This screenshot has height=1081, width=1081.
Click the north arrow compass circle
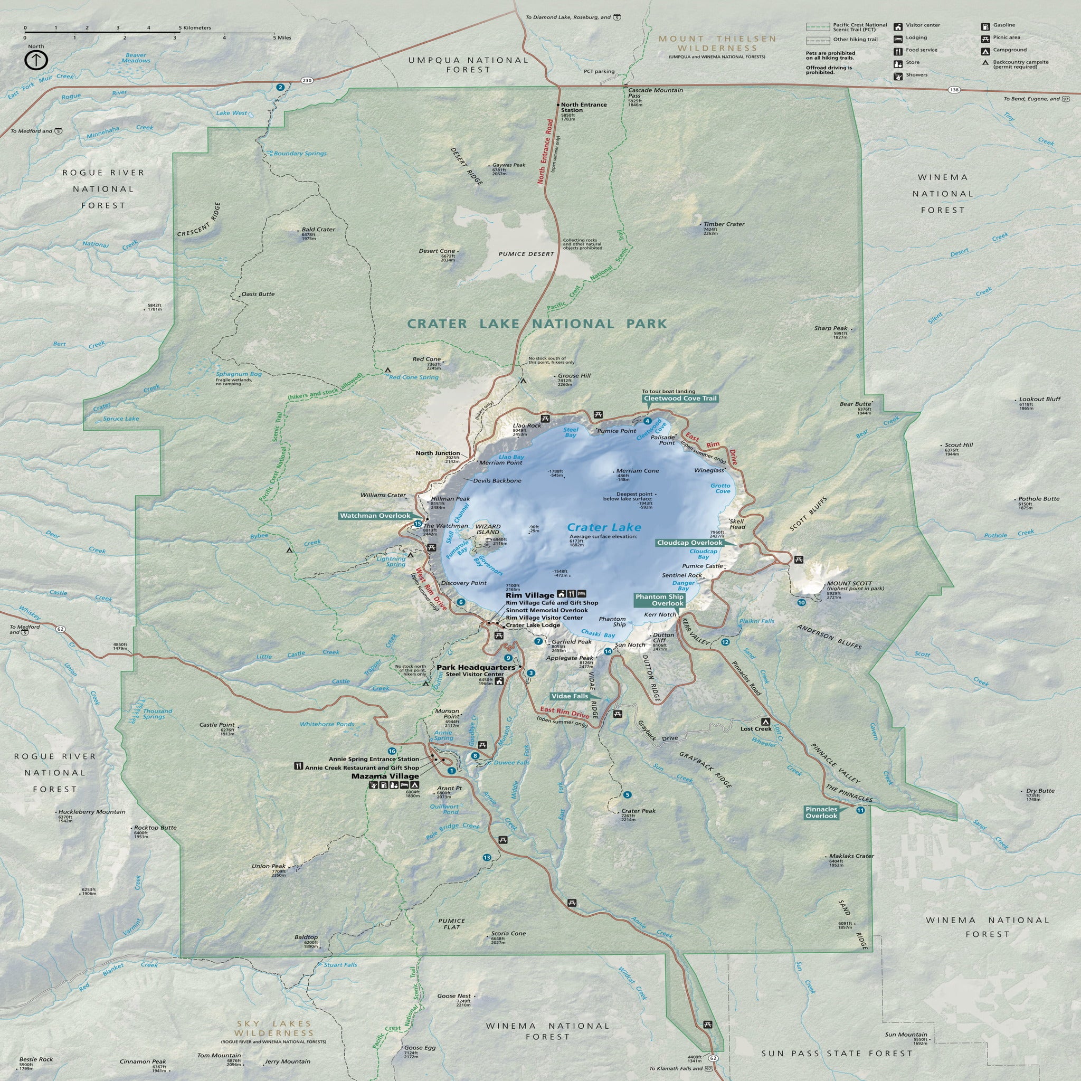[x=36, y=60]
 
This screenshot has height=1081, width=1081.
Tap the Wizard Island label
[x=488, y=529]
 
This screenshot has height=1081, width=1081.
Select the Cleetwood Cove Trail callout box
[x=680, y=399]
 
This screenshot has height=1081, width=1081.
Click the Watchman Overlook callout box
[x=375, y=515]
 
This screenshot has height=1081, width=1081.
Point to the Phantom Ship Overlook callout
[x=660, y=600]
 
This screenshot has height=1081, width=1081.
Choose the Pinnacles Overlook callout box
[x=821, y=812]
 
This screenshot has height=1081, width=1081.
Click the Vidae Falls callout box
[x=570, y=696]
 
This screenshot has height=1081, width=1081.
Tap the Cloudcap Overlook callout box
[x=689, y=543]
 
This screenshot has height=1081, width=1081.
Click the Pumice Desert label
[x=526, y=254]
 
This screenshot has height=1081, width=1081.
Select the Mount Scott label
[x=849, y=583]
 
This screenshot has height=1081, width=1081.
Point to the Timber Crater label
[x=724, y=224]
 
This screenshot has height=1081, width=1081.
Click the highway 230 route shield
[x=307, y=81]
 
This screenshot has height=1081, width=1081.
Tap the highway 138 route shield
[x=954, y=90]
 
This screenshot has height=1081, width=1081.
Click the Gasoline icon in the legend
[x=985, y=26]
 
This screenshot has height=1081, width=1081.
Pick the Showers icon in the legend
[x=898, y=75]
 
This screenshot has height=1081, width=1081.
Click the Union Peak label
[x=269, y=866]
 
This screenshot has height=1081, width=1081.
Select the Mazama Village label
[x=385, y=776]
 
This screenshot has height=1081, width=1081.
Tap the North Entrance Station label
[x=584, y=108]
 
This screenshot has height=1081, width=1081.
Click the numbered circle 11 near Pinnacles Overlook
[x=860, y=810]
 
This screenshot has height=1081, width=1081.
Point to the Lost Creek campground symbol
[x=765, y=722]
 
